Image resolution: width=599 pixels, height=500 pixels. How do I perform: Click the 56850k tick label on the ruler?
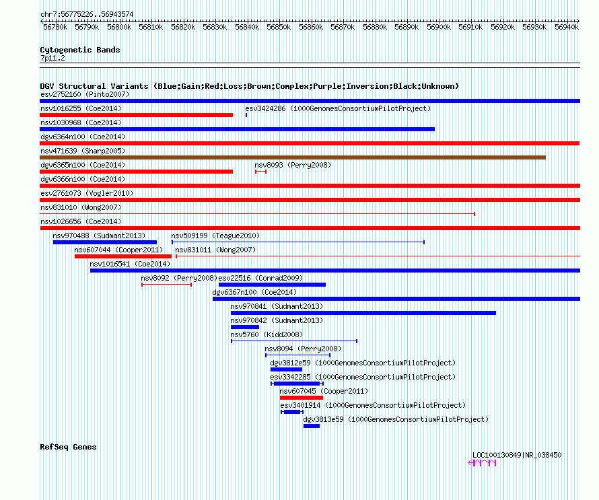(x=279, y=27)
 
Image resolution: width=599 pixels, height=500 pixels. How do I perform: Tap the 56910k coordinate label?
(x=470, y=27)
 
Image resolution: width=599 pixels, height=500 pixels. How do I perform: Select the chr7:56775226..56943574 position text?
(x=87, y=15)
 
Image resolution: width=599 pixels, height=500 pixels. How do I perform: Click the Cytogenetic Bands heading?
(x=80, y=50)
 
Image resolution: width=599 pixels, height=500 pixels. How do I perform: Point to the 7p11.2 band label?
(x=52, y=58)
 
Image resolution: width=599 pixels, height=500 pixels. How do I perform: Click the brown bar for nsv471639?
(x=293, y=157)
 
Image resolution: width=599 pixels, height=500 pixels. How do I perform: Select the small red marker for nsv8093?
(x=260, y=172)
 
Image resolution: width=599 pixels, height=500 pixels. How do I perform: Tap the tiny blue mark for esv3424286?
(x=246, y=115)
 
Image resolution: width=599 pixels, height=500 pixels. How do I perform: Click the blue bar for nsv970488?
(x=105, y=242)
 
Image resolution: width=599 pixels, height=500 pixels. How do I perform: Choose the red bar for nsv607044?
(x=123, y=256)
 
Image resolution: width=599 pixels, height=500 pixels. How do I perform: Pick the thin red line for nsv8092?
(x=166, y=285)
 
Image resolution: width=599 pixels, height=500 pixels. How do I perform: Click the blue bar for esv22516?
(x=272, y=285)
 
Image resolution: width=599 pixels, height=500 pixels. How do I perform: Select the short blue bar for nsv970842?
(x=245, y=327)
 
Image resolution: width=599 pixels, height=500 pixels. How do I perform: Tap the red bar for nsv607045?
(x=302, y=398)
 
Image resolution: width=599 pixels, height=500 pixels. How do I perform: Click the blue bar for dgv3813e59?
(x=312, y=426)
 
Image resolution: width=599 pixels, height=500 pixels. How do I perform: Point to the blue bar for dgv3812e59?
(x=286, y=369)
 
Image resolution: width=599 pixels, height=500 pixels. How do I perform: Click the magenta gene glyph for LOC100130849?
(x=482, y=463)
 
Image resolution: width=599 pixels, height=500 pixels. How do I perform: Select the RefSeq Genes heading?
(x=68, y=447)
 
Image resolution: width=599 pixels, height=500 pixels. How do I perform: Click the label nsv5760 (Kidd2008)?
(x=267, y=334)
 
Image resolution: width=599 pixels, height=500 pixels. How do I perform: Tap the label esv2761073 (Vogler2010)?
(x=87, y=193)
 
